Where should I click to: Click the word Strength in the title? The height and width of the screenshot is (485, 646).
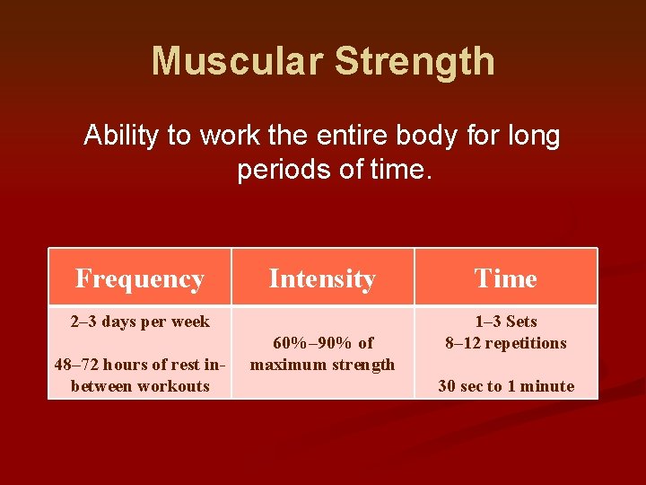(415, 61)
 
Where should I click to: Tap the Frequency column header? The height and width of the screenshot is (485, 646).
(140, 278)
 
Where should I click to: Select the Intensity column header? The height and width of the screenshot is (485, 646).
(322, 278)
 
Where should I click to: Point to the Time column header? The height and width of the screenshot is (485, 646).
(506, 278)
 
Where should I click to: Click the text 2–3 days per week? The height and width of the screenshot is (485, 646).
(140, 322)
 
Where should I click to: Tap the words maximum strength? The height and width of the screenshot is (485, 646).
(322, 365)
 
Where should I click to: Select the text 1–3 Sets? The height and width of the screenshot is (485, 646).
(506, 322)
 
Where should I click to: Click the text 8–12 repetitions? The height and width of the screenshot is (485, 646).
(506, 343)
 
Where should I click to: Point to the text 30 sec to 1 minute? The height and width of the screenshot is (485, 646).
(506, 386)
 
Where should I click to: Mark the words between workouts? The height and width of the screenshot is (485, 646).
(140, 386)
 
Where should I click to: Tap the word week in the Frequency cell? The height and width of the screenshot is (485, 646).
(189, 322)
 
